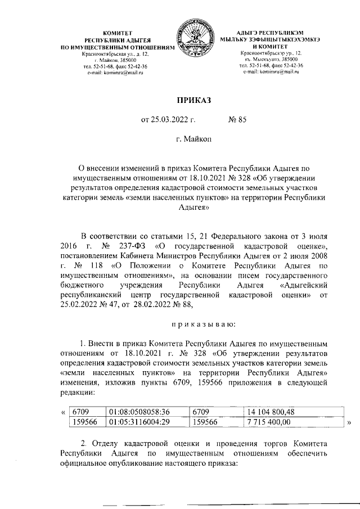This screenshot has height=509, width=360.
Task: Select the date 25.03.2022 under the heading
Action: tap(163, 119)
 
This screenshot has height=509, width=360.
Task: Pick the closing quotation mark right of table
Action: tap(350, 422)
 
